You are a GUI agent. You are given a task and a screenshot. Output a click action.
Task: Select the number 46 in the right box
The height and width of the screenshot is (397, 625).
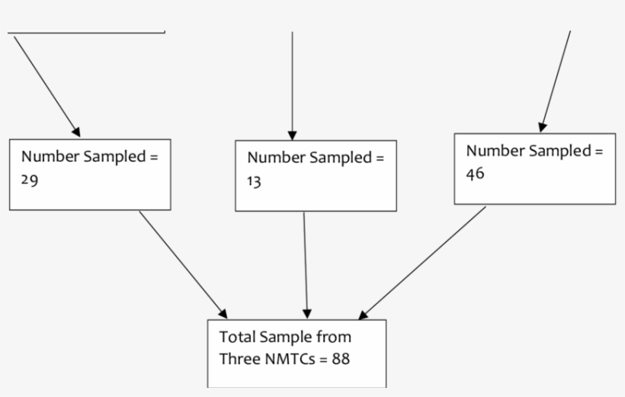tap(475, 173)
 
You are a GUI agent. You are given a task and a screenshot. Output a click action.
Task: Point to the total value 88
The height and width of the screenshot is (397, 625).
tap(341, 358)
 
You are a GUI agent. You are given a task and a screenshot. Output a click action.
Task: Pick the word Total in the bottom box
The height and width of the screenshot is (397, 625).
tap(236, 337)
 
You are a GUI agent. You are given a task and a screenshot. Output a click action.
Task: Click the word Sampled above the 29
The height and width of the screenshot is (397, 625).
tap(113, 157)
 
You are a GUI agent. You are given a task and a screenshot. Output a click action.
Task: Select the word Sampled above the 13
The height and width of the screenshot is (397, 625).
tap(338, 158)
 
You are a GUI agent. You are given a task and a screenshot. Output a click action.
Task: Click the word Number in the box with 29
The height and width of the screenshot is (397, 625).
tap(50, 157)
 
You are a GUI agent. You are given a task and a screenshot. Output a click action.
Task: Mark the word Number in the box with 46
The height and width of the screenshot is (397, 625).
tap(495, 151)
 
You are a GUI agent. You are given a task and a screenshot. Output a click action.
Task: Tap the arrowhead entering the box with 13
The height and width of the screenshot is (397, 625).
tap(292, 133)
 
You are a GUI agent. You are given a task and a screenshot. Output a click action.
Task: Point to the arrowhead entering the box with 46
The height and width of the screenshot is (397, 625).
tap(542, 127)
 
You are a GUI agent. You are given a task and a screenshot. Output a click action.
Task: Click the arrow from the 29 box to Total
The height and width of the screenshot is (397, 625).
tap(183, 264)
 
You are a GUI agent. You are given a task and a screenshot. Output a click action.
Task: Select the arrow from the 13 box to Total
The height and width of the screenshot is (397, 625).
tap(306, 263)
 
